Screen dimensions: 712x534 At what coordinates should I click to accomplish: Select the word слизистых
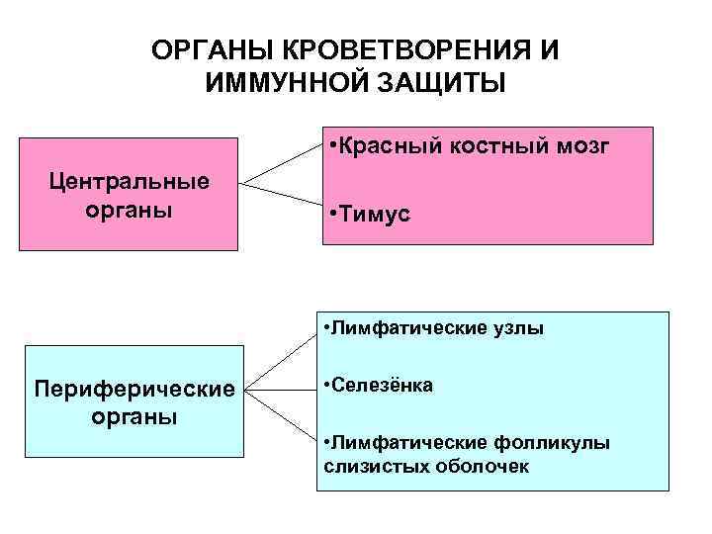[x=365, y=464]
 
